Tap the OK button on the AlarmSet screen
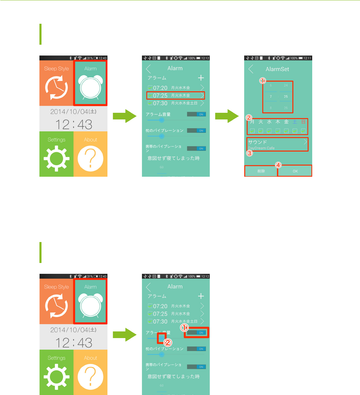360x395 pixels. coord(295,171)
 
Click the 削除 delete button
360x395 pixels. coord(261,171)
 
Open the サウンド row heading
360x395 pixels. coord(257,142)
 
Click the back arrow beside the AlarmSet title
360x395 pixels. coord(251,69)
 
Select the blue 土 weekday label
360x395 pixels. coord(295,122)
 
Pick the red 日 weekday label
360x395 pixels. coord(303,122)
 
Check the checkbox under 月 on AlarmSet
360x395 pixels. coord(252,131)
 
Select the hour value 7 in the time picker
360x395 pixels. coord(271,96)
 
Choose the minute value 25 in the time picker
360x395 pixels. coord(286,96)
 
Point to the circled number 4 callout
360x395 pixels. coord(278,165)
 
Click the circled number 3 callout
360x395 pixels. coord(249,153)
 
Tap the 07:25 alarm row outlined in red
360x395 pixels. coord(175,95)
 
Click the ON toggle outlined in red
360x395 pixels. coord(196,332)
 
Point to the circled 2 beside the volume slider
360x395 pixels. coord(167,343)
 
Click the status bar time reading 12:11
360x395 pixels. coord(307,58)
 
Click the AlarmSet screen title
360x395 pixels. coord(277,69)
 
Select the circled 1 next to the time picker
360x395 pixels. coord(262,81)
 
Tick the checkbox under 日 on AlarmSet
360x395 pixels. coord(303,131)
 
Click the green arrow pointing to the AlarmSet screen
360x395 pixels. coord(227,116)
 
